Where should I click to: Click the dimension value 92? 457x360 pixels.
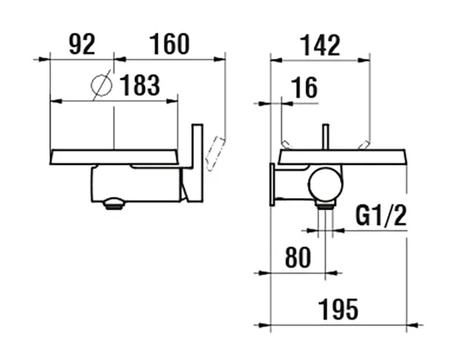click(x=81, y=44)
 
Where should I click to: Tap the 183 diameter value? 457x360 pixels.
click(x=140, y=86)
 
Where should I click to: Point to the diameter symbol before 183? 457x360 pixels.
click(x=100, y=85)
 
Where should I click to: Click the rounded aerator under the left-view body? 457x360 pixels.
click(x=113, y=202)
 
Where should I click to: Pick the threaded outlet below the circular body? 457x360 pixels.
click(x=326, y=205)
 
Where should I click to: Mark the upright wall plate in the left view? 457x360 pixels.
click(x=197, y=164)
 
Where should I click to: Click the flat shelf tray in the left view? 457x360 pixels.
click(x=114, y=156)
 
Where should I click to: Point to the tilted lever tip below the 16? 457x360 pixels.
click(x=286, y=145)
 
